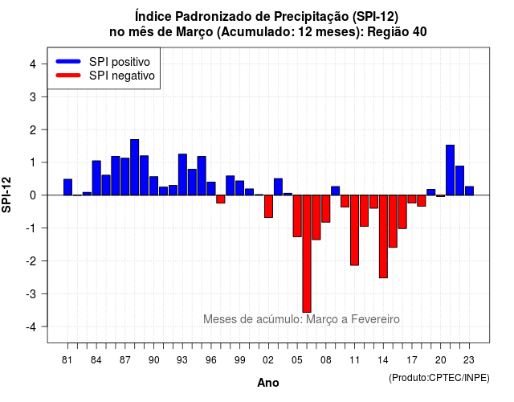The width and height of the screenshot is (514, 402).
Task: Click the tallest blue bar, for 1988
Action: pos(134,167)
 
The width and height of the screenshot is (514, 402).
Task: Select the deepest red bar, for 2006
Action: pos(307,254)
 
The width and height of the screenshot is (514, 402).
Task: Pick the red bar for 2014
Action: pos(383,236)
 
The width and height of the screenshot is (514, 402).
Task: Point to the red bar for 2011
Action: pos(354,231)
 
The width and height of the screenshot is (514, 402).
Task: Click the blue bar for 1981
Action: pos(67,187)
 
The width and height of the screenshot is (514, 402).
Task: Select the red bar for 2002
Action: pos(268,207)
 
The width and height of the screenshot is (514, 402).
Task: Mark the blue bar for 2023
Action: pos(469,191)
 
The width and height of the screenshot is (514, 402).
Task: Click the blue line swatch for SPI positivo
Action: pos(68,61)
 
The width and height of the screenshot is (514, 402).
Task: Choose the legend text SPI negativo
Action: pos(121,76)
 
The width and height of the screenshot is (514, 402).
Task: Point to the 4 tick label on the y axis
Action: pos(33,64)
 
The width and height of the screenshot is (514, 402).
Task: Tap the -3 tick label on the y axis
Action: pos(31,293)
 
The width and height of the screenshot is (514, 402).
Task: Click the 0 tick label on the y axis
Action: pos(33,195)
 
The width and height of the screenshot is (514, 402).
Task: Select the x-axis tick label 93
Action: pos(182,360)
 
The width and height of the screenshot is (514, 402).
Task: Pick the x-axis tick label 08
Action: pos(326,360)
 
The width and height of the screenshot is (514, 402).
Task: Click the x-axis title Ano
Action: pos(268,383)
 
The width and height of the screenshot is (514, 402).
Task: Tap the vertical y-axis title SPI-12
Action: pos(6,195)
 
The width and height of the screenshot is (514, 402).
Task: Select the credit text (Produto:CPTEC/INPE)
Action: pos(439,378)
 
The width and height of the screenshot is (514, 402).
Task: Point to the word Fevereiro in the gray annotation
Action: pos(375,319)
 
